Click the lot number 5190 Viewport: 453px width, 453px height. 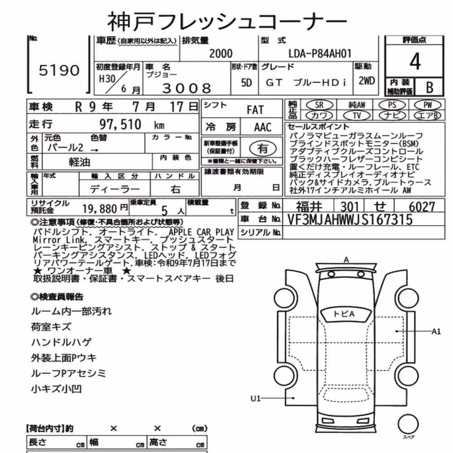(59, 70)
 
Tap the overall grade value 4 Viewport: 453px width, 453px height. (415, 62)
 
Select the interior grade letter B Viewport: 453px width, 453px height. (429, 87)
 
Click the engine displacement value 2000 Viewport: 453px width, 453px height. (221, 53)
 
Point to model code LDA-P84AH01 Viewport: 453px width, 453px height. (320, 53)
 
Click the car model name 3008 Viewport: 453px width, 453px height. (187, 88)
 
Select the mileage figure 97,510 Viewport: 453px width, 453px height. (120, 124)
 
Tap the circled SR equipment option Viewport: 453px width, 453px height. (319, 105)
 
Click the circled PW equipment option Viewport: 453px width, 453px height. (428, 105)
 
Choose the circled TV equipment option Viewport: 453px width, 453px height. (357, 116)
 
